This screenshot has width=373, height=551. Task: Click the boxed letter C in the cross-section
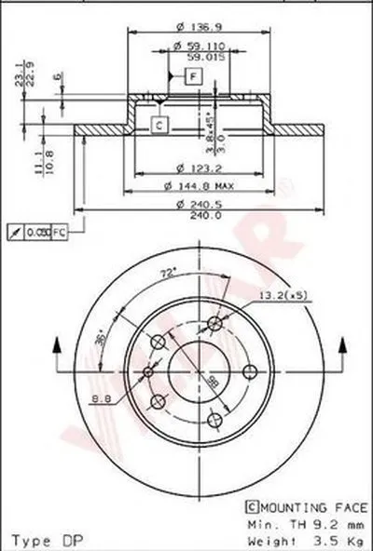point(159,124)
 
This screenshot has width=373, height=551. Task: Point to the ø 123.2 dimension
point(188,168)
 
